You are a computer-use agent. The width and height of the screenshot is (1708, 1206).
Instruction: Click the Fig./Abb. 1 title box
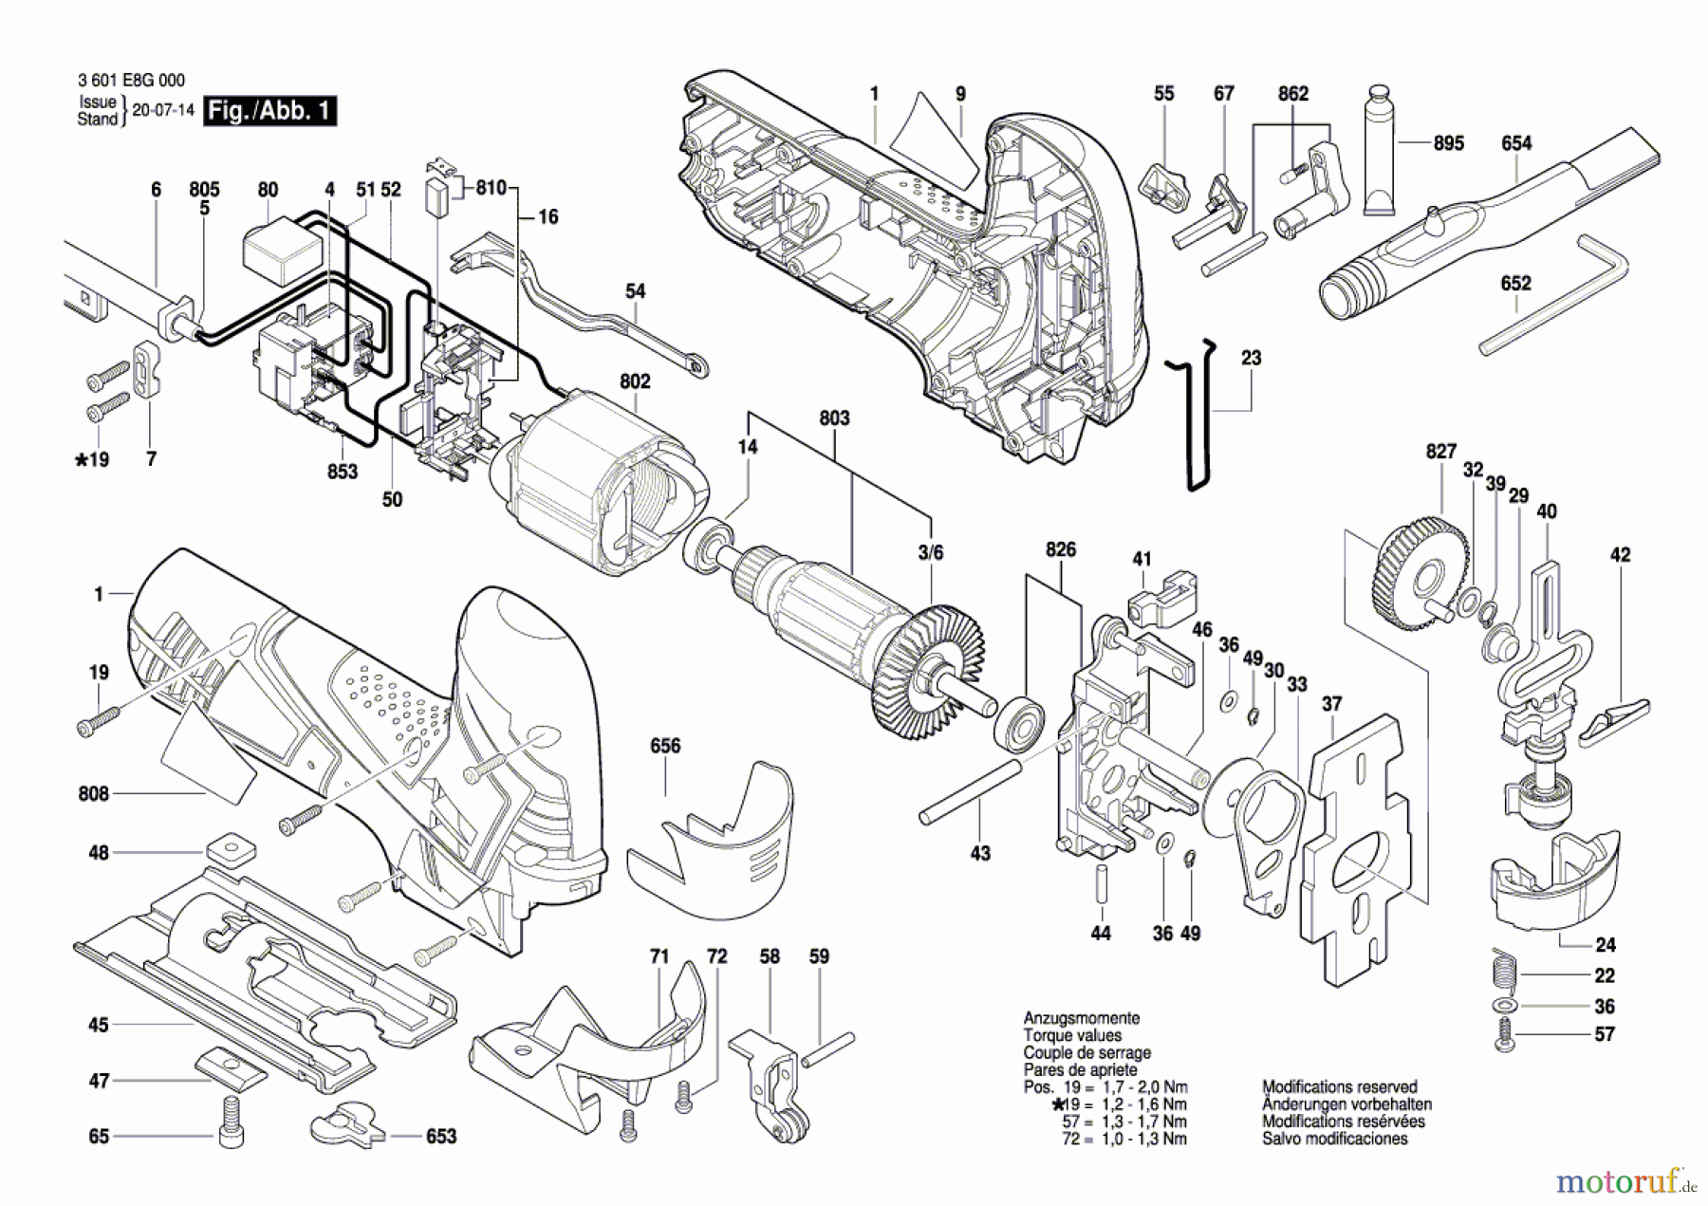pos(270,111)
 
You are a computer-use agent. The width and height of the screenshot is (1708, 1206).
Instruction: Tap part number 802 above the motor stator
pos(635,381)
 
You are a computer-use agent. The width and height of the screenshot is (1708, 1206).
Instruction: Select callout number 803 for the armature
pos(834,417)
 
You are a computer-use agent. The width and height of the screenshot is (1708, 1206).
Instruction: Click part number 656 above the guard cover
pos(665,746)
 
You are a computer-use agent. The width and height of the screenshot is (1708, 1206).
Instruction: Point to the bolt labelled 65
pos(231,1122)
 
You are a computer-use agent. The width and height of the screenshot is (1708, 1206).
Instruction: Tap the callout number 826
pos(1061,549)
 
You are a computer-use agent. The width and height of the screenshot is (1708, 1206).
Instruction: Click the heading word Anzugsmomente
pos(1082,1018)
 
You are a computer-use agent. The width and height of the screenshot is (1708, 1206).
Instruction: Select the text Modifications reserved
pos(1339,1087)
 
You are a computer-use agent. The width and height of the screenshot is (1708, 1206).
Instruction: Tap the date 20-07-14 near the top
pos(162,110)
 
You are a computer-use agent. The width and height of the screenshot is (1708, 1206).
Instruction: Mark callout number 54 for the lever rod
pos(635,291)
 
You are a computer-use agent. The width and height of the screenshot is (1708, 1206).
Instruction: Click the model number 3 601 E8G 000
pos(131,81)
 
